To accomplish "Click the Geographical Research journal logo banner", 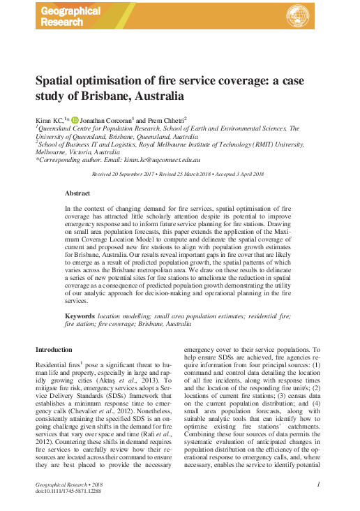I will click(70, 16).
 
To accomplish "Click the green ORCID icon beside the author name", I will click(75, 119).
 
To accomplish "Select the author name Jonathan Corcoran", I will click(109, 119).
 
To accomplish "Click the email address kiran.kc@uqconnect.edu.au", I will click(160, 160).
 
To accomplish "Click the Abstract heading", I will click(77, 192).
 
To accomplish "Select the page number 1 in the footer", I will click(317, 484).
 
